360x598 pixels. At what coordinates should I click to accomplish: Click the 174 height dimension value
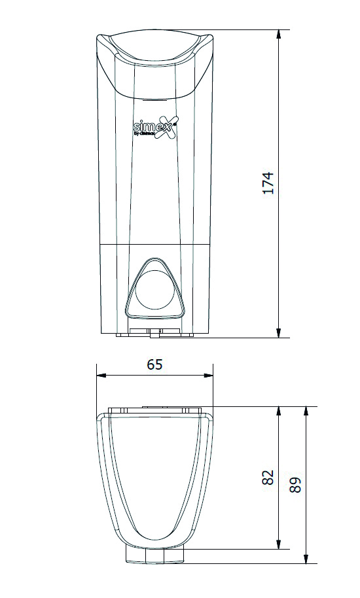(x=268, y=183)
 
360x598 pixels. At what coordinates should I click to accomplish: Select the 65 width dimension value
(x=154, y=364)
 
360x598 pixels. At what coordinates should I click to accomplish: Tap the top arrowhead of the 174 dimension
(x=279, y=35)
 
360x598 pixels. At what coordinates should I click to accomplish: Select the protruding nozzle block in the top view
(x=154, y=555)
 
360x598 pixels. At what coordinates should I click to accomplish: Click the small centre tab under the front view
(x=154, y=334)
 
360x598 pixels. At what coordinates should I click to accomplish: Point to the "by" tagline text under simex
(x=137, y=133)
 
